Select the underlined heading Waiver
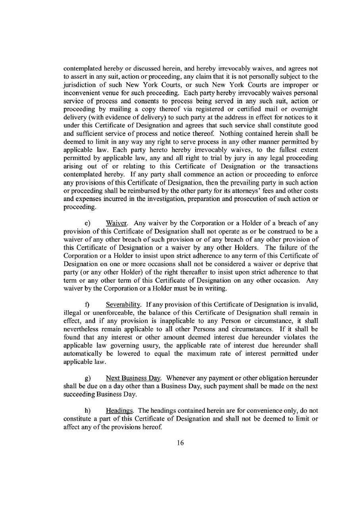point(114,223)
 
